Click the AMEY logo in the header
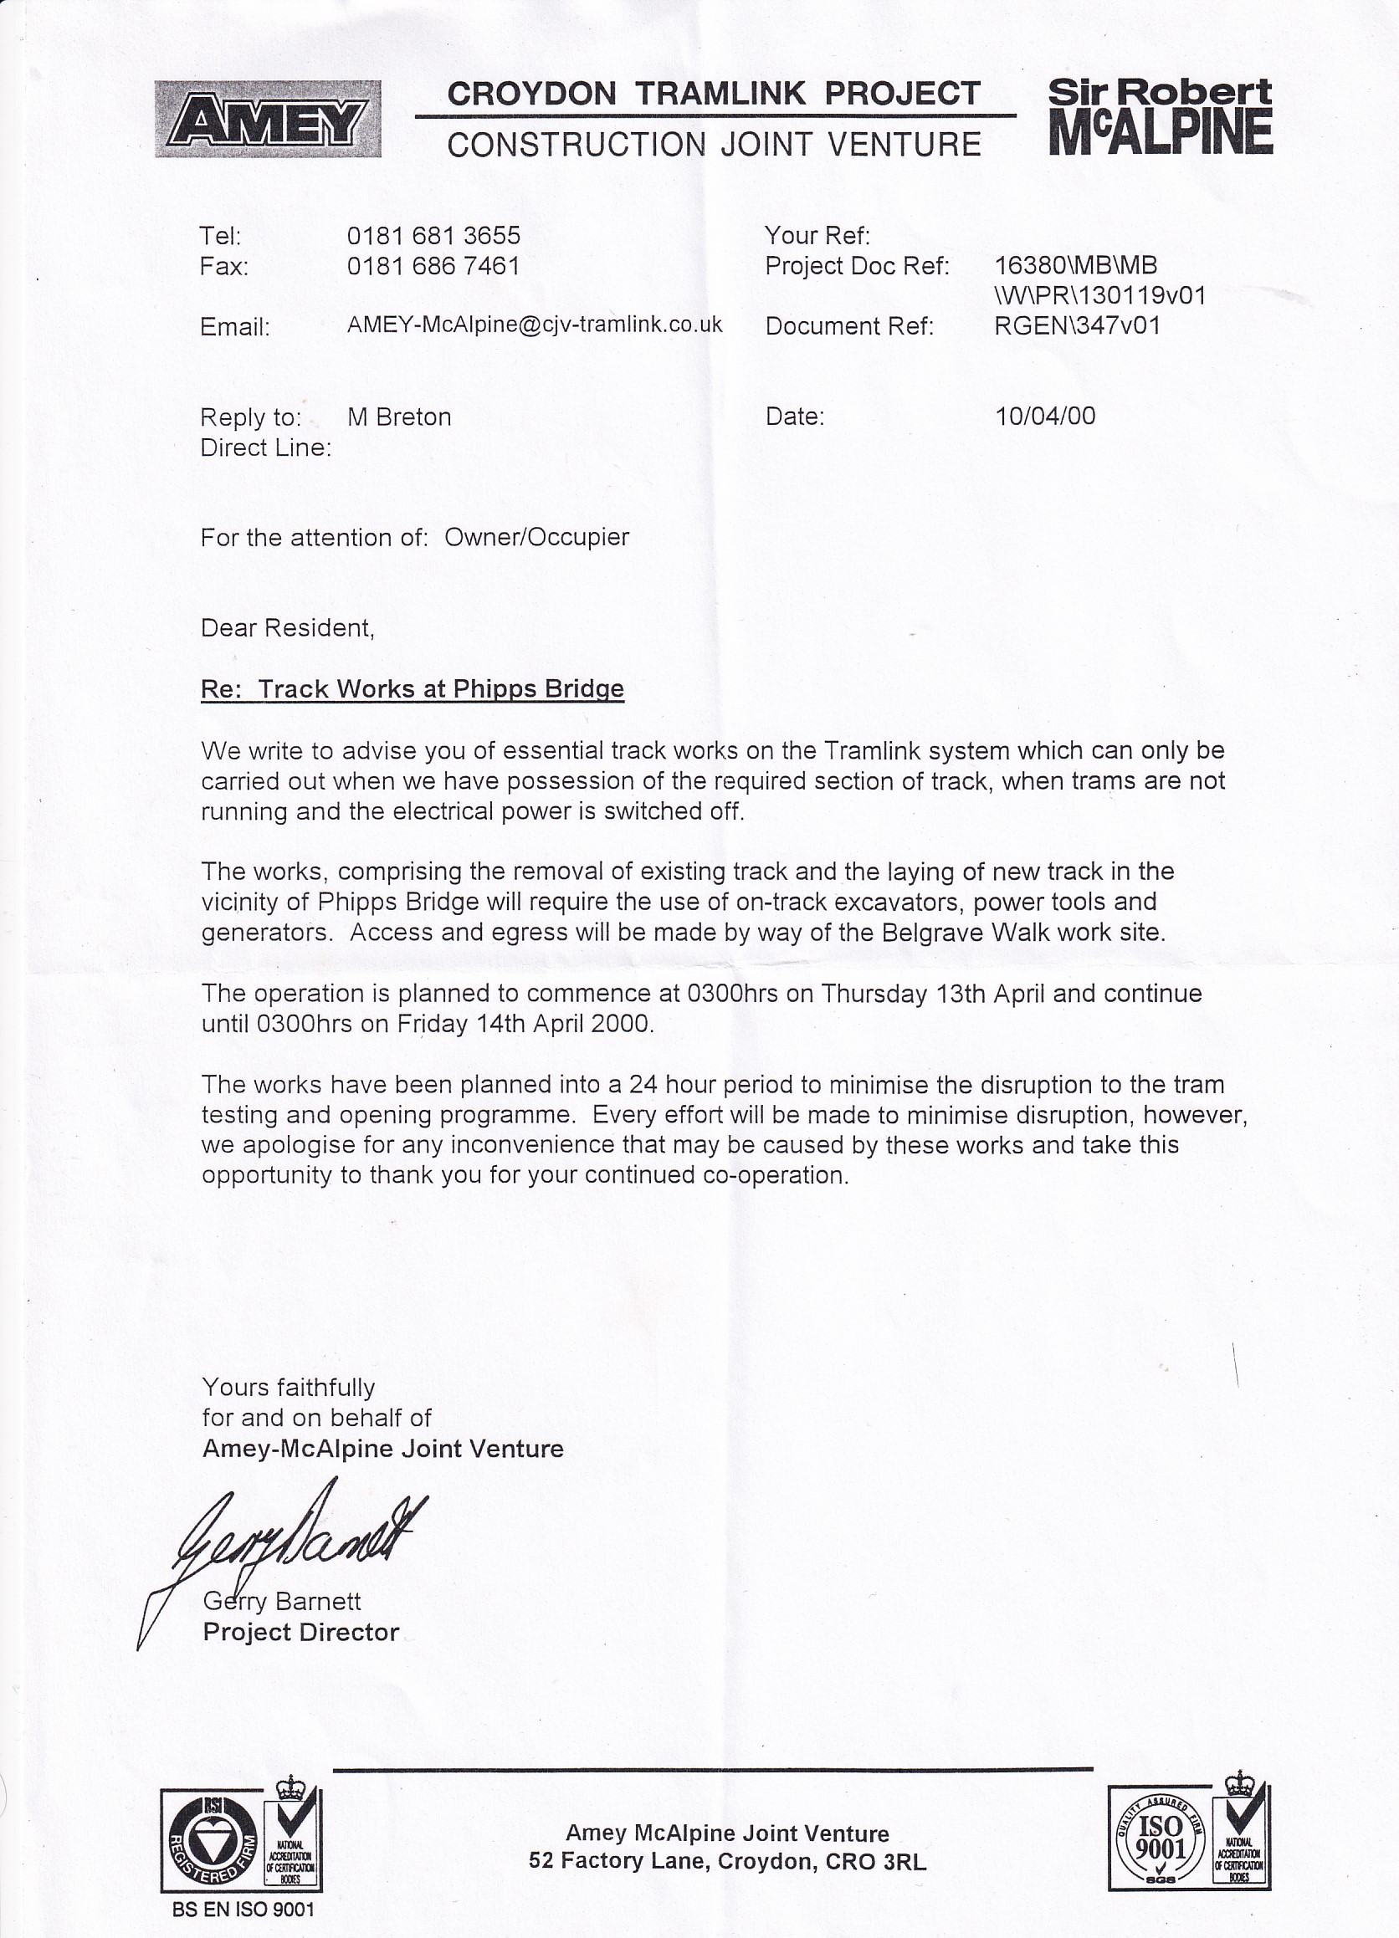pyautogui.click(x=268, y=119)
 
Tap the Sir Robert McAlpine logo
pyautogui.click(x=1160, y=116)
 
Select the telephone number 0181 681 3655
pyautogui.click(x=433, y=236)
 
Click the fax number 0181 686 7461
pyautogui.click(x=433, y=267)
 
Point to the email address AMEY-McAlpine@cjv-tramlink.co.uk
pyautogui.click(x=534, y=325)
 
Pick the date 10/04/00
pyautogui.click(x=1044, y=417)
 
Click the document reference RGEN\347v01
pyautogui.click(x=1077, y=325)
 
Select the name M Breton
pyautogui.click(x=399, y=417)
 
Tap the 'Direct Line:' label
pyautogui.click(x=266, y=447)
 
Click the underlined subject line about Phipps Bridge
pyautogui.click(x=412, y=688)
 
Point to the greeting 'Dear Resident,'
pyautogui.click(x=287, y=628)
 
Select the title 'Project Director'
pyautogui.click(x=301, y=1632)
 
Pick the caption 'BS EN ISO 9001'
pyautogui.click(x=243, y=1909)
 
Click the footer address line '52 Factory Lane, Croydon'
pyautogui.click(x=726, y=1861)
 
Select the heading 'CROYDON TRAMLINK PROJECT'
pyautogui.click(x=714, y=93)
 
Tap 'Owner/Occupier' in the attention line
pyautogui.click(x=536, y=538)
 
